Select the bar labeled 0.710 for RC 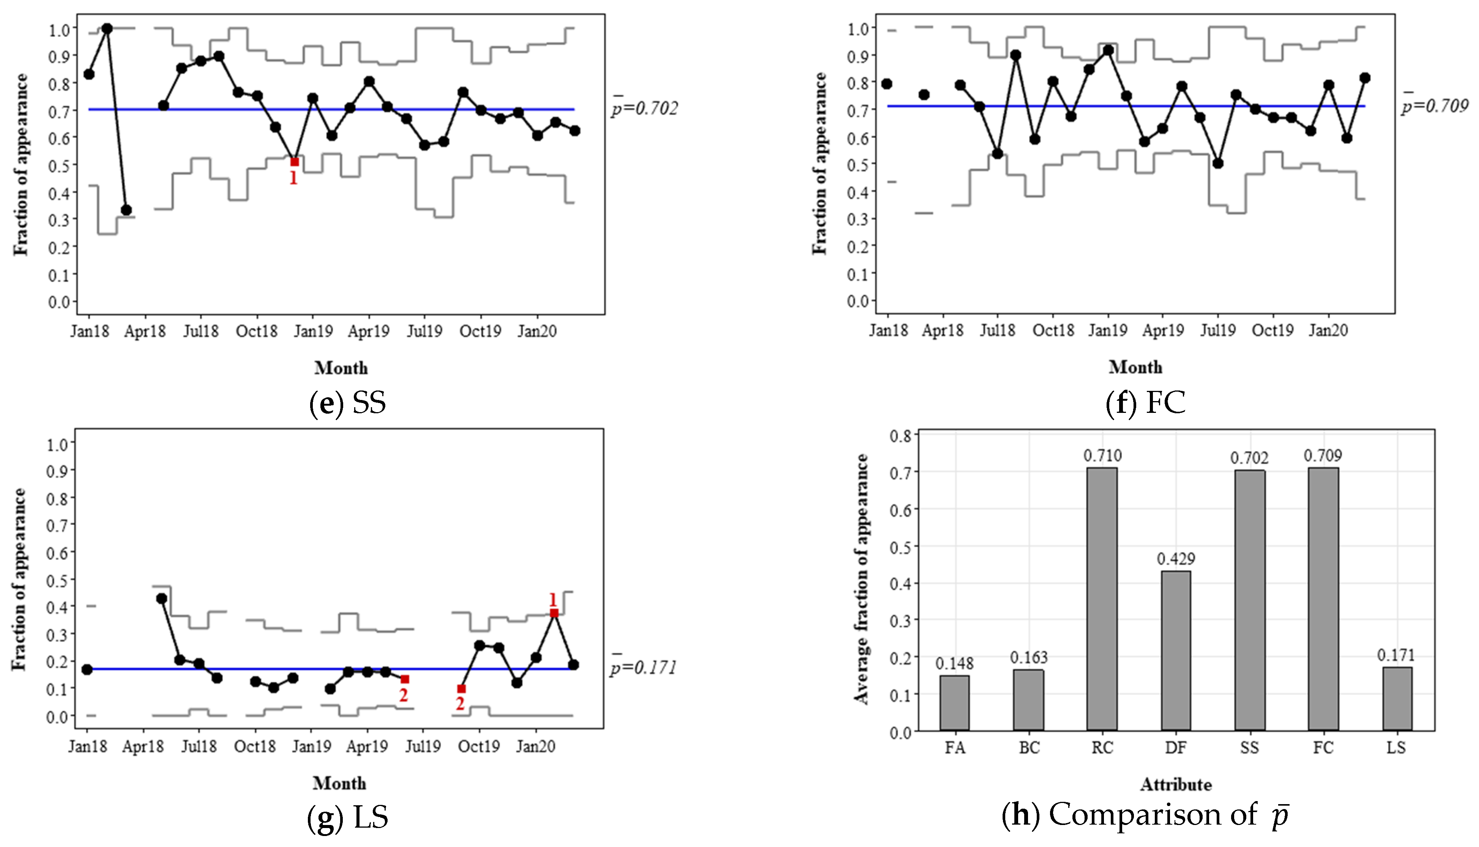tap(1102, 599)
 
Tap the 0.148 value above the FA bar tap(954, 663)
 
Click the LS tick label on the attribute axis tap(1396, 748)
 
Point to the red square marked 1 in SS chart tap(295, 162)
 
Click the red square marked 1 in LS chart tap(554, 613)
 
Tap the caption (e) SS tap(347, 403)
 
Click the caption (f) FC tap(1145, 403)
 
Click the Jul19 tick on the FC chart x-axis tap(1218, 331)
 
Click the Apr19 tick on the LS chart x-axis tap(367, 746)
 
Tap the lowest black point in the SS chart tap(126, 210)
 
